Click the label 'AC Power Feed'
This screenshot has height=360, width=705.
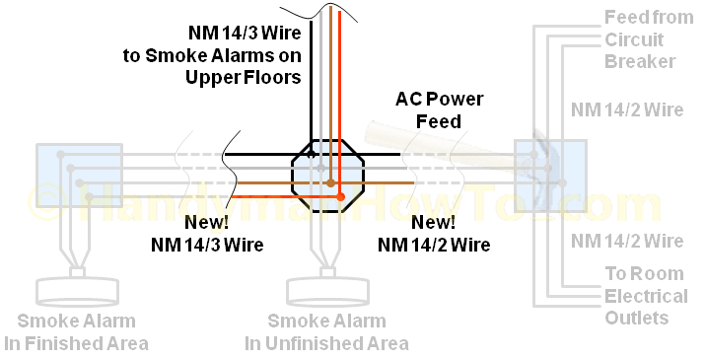pyautogui.click(x=428, y=109)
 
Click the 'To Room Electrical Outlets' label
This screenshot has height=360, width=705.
pyautogui.click(x=645, y=296)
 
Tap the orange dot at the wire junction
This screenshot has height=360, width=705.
pyautogui.click(x=341, y=198)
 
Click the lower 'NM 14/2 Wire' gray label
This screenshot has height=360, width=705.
pyautogui.click(x=629, y=241)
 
